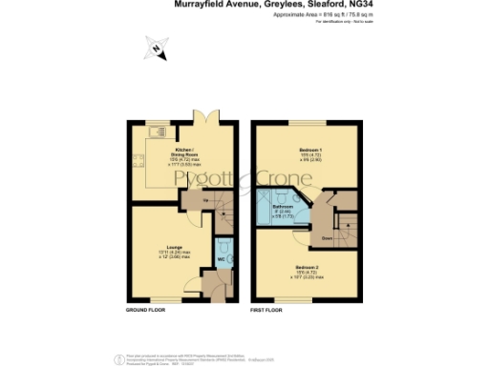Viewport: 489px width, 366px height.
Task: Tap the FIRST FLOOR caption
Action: pos(268,311)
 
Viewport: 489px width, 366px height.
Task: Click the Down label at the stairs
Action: pos(327,238)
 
